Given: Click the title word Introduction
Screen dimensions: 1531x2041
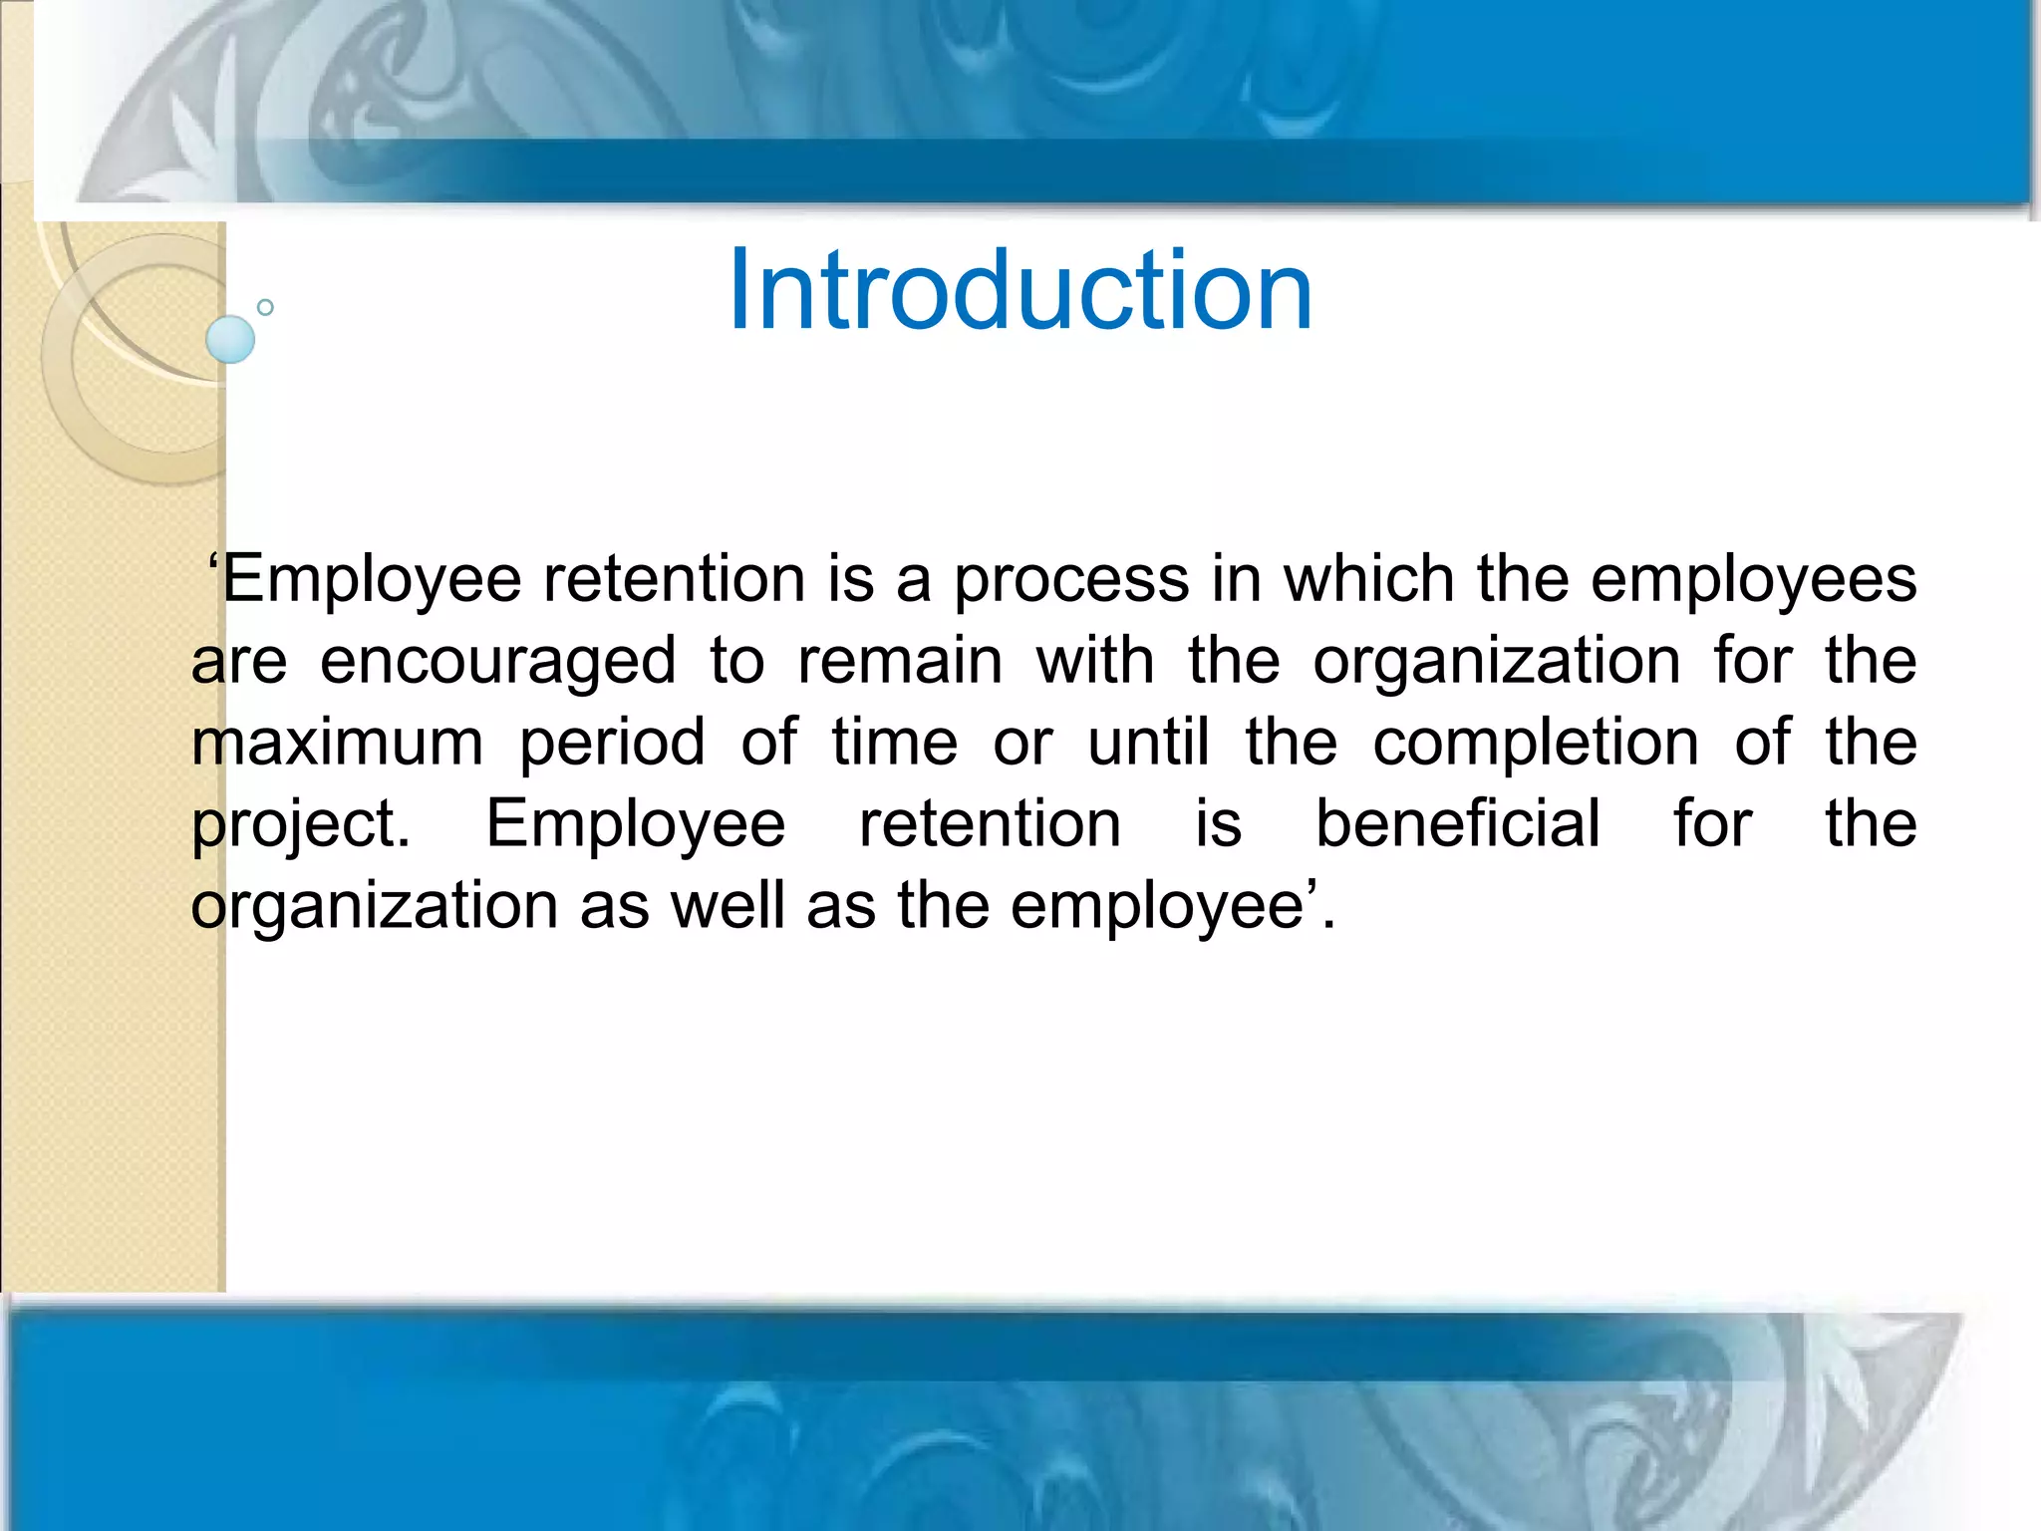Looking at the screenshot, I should pyautogui.click(x=1020, y=291).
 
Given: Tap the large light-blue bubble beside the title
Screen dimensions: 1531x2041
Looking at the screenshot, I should pyautogui.click(x=230, y=339).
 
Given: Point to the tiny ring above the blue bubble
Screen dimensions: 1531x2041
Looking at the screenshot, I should pyautogui.click(x=265, y=307).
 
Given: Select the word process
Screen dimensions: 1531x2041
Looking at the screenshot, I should pyautogui.click(x=1071, y=580).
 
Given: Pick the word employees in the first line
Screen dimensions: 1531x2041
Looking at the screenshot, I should pyautogui.click(x=1753, y=580).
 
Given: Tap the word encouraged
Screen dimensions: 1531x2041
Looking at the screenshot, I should pyautogui.click(x=498, y=662).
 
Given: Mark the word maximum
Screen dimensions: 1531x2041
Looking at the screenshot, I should pyautogui.click(x=337, y=743).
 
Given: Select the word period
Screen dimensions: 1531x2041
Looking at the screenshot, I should pyautogui.click(x=612, y=744).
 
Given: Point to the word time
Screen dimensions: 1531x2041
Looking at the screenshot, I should pyautogui.click(x=894, y=743).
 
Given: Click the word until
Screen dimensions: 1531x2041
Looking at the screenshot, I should pyautogui.click(x=1148, y=743).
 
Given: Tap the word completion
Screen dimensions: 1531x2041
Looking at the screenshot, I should pyautogui.click(x=1536, y=744).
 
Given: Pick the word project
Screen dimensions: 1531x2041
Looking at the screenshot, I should pyautogui.click(x=300, y=825).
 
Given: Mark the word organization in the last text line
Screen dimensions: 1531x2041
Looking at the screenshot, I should pyautogui.click(x=375, y=907).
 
